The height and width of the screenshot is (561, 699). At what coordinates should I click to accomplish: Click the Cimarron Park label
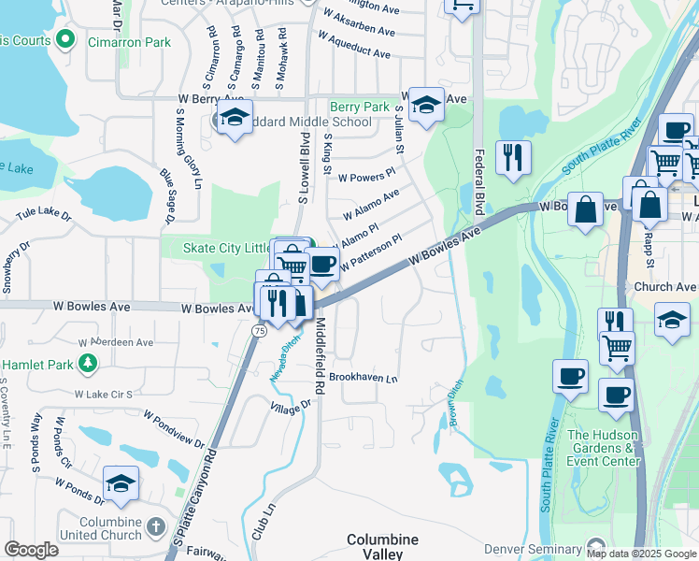click(x=130, y=42)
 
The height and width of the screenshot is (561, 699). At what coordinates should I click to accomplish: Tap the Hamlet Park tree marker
click(x=89, y=362)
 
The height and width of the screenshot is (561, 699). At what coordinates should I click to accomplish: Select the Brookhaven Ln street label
click(x=364, y=379)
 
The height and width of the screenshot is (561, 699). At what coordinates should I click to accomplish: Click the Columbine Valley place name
click(x=383, y=547)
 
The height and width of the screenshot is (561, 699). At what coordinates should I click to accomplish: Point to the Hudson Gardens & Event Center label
click(x=604, y=448)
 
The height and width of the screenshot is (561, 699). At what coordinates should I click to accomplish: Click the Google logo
click(x=32, y=550)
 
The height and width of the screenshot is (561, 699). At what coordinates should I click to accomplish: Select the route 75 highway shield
click(x=258, y=331)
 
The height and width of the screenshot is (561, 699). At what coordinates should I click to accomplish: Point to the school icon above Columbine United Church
click(x=121, y=483)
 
